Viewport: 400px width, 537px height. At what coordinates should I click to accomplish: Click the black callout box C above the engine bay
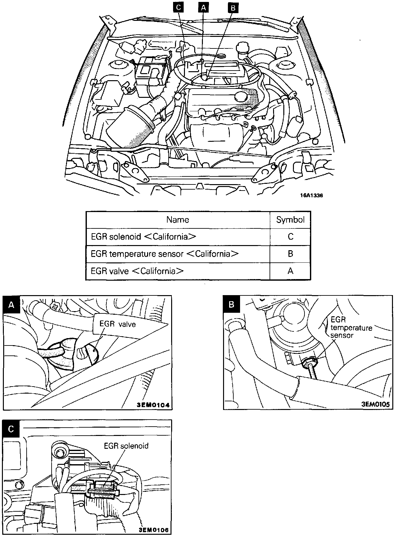179,8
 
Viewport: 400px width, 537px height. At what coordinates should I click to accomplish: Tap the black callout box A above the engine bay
203,8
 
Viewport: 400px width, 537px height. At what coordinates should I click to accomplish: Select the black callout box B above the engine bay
233,8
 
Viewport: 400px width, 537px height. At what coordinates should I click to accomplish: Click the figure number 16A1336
309,195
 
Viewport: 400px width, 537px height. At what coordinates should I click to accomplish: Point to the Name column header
178,220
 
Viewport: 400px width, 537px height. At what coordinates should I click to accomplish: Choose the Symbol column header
290,220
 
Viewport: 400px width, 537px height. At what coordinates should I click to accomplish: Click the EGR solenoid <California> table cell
143,237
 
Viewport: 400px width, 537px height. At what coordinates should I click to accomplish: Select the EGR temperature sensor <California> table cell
164,254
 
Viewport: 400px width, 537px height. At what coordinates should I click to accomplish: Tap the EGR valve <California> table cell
137,271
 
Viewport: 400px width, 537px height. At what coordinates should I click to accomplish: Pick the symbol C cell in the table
290,237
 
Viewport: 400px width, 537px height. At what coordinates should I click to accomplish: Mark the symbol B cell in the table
290,254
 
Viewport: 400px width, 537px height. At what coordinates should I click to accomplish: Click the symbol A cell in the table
290,271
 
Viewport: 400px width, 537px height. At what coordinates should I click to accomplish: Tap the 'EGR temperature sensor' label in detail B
351,328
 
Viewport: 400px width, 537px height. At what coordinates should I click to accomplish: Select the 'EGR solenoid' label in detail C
126,446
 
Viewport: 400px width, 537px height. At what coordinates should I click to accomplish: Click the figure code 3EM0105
375,404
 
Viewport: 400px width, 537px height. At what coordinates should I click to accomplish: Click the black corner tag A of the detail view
12,304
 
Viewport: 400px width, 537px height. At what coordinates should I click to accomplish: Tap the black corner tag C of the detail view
11,429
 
